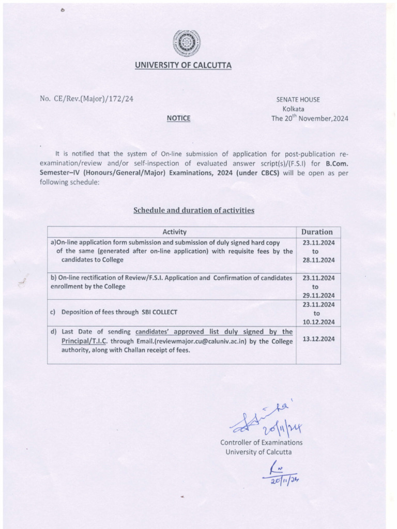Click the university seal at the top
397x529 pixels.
[186, 43]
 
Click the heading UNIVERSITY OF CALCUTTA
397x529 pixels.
[184, 65]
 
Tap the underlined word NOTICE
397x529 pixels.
[178, 118]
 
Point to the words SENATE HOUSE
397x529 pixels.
[298, 100]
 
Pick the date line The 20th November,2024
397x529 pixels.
[310, 118]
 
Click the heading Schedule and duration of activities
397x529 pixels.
[194, 210]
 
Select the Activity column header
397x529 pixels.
[174, 232]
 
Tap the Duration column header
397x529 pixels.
[317, 232]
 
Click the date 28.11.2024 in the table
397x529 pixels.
[318, 260]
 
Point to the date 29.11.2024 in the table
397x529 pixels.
[318, 295]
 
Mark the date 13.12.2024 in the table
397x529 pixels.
[318, 339]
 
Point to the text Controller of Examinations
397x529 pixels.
[262, 443]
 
